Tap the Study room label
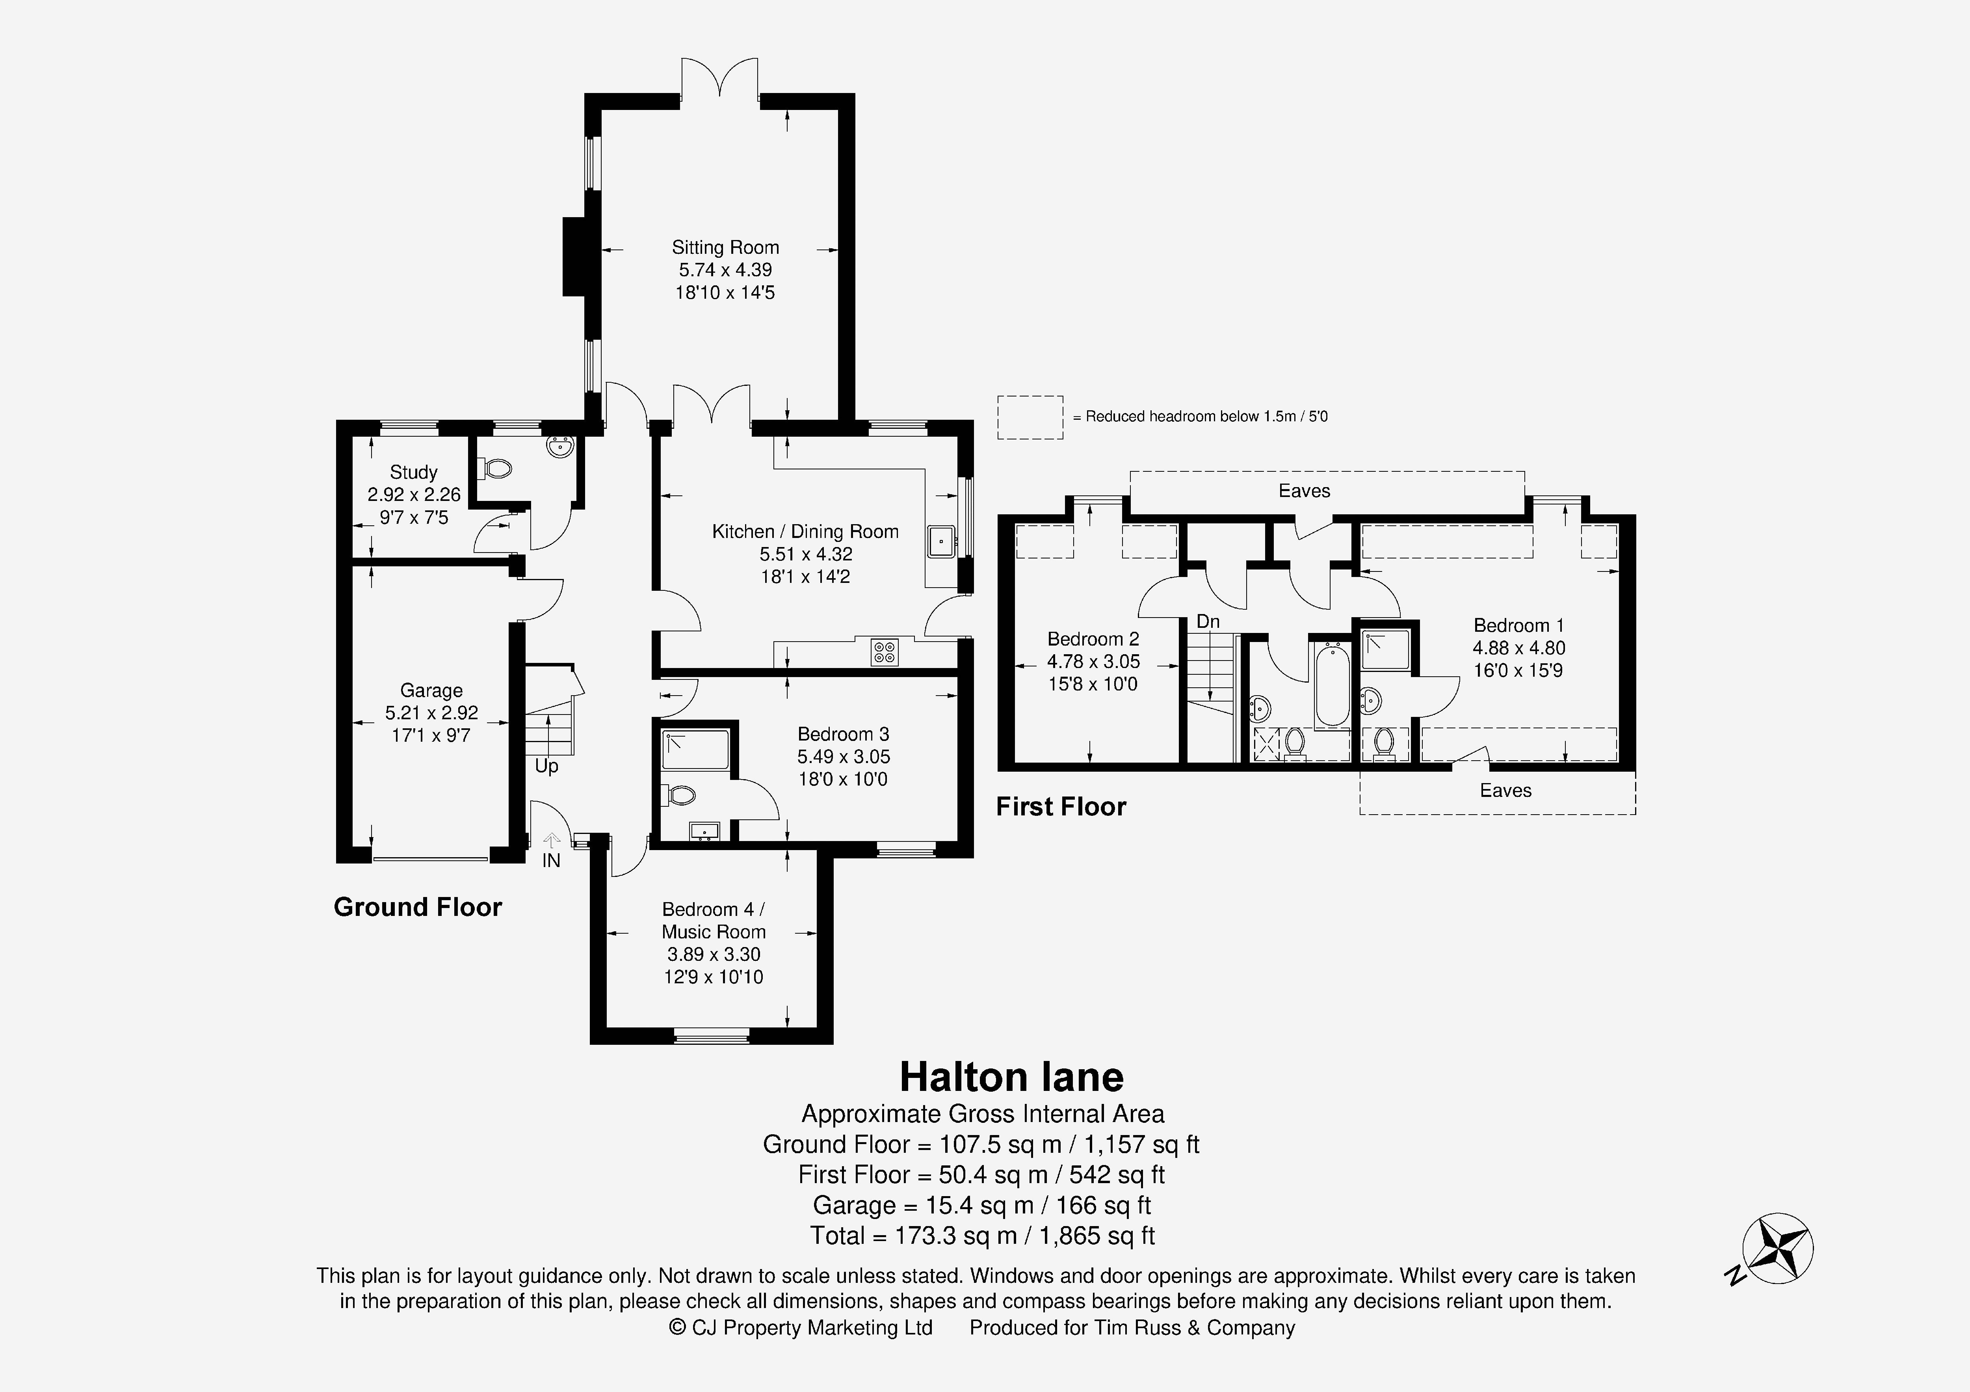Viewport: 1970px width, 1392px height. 414,472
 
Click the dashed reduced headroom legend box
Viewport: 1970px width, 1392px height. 1030,417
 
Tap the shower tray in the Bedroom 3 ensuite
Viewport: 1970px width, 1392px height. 695,749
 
